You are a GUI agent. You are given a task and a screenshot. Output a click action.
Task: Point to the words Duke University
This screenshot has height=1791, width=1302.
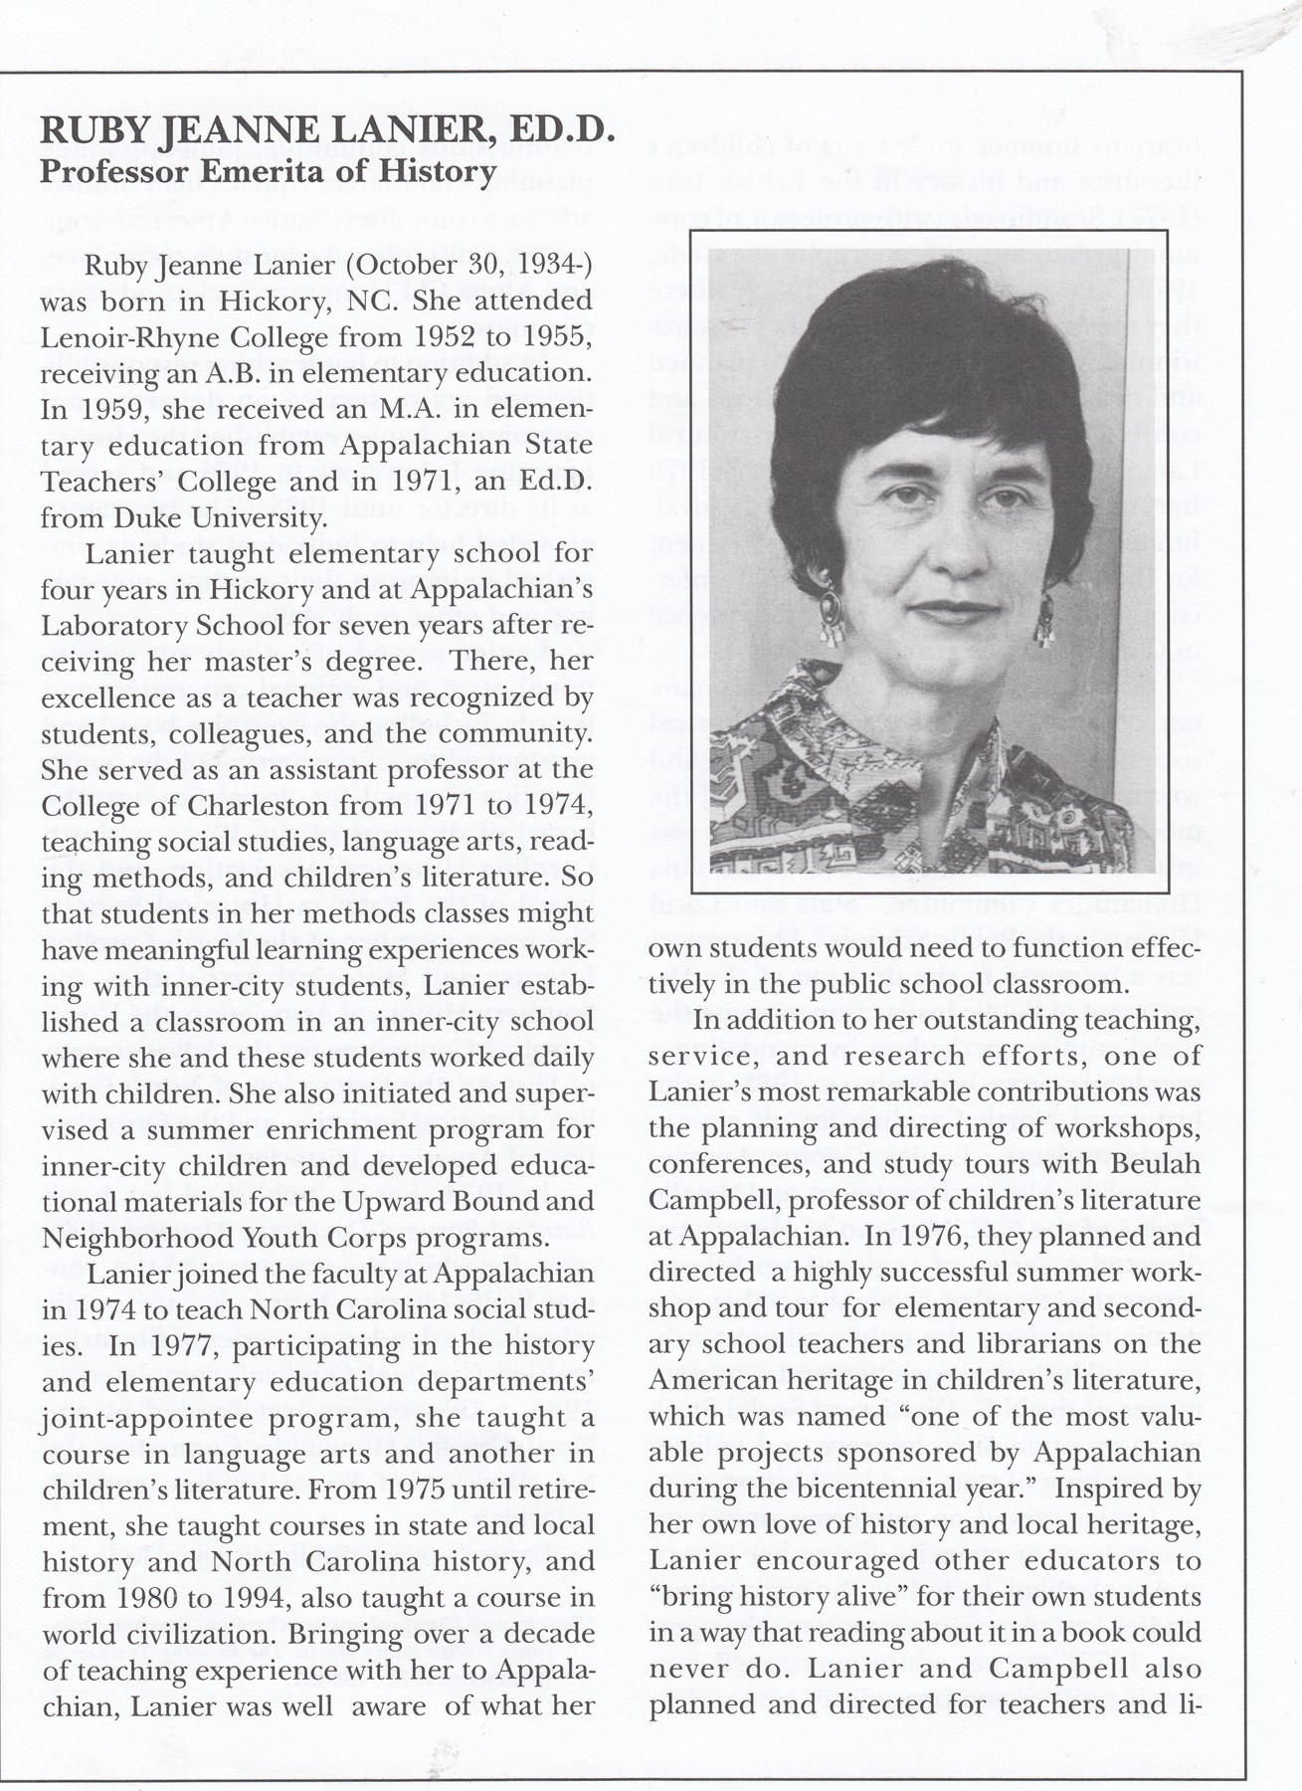(x=233, y=518)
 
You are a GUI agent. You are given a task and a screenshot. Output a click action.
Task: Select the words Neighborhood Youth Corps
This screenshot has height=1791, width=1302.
(x=212, y=1237)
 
